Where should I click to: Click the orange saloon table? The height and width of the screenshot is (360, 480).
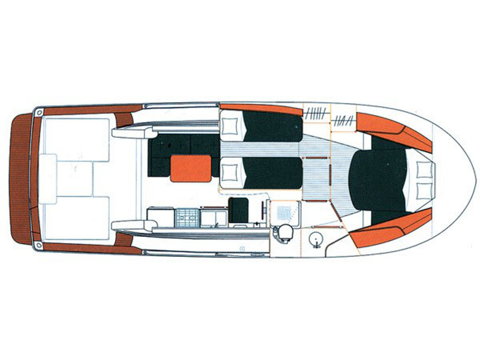click(191, 168)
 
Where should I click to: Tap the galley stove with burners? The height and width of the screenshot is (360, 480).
click(187, 217)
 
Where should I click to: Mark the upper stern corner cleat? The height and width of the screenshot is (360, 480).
click(39, 112)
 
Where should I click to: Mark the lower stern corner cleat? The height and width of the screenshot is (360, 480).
click(39, 245)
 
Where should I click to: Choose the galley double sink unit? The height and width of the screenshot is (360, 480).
click(213, 217)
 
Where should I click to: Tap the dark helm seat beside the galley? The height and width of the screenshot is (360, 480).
click(238, 210)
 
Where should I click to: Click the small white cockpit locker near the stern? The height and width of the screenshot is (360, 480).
click(47, 174)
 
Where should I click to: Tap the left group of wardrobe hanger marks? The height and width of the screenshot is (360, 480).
click(316, 112)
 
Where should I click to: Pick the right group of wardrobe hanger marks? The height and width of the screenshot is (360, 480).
click(343, 119)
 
